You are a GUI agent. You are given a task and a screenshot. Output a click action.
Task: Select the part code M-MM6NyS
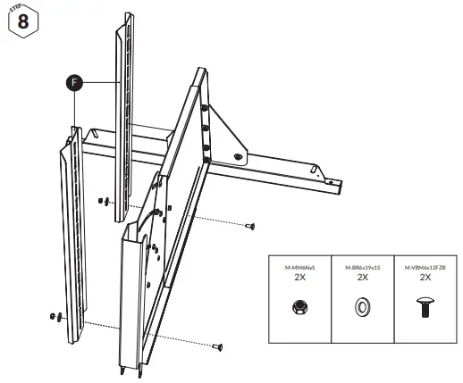[301, 267]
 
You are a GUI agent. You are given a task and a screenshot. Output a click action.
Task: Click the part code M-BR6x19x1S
[362, 267]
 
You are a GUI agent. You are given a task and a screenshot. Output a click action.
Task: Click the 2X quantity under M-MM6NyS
[301, 278]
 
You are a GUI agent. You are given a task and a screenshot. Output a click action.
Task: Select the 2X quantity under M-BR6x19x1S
[362, 278]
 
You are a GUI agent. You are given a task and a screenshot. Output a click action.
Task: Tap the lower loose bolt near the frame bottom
[217, 346]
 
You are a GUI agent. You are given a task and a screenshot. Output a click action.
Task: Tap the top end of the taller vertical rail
[123, 27]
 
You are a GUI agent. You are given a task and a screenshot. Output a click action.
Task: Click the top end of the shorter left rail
[69, 132]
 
